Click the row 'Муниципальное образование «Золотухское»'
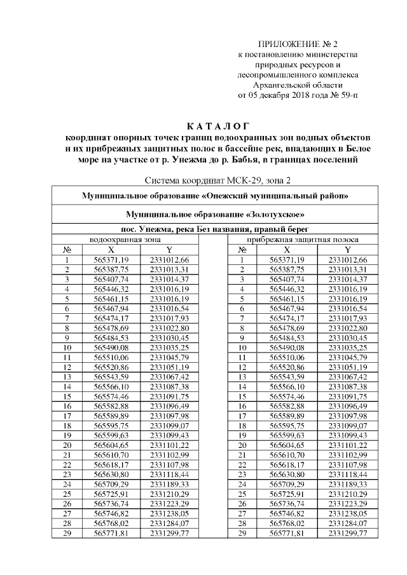pos(214,215)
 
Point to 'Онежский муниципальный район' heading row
pos(214,195)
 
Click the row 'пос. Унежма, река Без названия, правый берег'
pos(214,229)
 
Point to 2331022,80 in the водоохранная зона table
pos(169,328)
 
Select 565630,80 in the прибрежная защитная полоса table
pos(287,475)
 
